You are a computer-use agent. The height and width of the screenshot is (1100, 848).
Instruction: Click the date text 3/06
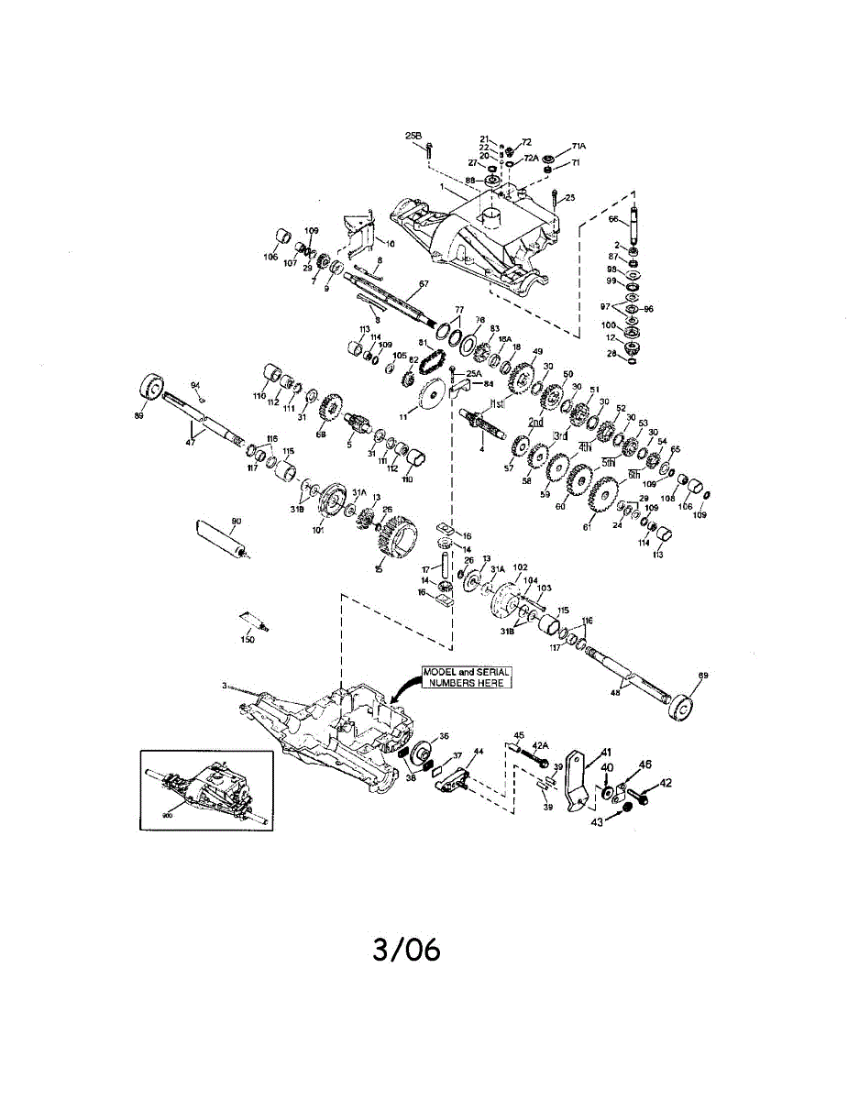click(x=406, y=950)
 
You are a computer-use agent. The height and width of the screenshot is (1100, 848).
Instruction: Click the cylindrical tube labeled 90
click(x=220, y=540)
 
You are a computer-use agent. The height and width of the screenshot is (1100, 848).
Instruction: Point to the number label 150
click(x=248, y=640)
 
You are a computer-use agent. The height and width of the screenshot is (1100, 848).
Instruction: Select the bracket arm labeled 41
click(x=578, y=779)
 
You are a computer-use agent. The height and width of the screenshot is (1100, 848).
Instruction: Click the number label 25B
click(x=413, y=136)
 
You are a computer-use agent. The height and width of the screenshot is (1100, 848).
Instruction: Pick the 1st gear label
click(x=498, y=403)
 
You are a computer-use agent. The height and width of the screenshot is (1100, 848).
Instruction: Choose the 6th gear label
click(x=633, y=475)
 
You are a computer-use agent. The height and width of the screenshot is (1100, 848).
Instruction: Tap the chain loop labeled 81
click(x=430, y=364)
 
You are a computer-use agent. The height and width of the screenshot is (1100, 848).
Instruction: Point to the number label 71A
click(x=578, y=147)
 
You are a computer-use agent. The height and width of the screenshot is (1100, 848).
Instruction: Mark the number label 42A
click(x=540, y=745)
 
